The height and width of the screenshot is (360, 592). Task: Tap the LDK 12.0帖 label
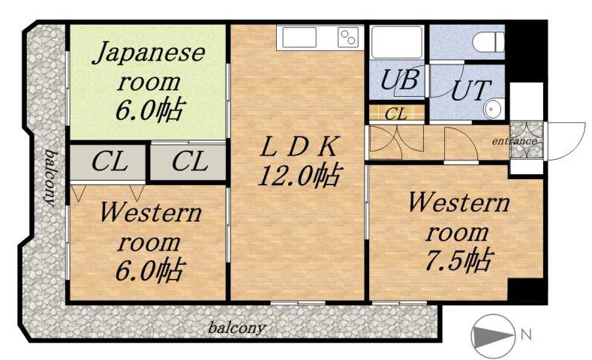pos(298,161)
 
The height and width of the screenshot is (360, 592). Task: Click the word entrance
pos(514,141)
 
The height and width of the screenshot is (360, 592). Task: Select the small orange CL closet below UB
pos(396,114)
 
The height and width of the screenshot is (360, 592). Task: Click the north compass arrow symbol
pos(492,335)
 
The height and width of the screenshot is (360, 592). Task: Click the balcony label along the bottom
pos(236,328)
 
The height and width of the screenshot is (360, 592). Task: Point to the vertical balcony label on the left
pos(50,177)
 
